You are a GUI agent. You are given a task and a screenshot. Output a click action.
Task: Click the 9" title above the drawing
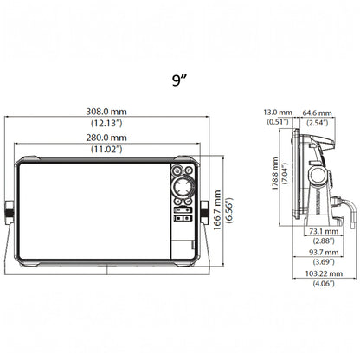[179, 80]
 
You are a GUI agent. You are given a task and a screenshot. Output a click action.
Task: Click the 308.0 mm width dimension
[106, 112]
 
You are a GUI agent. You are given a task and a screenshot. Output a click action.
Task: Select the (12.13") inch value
[106, 123]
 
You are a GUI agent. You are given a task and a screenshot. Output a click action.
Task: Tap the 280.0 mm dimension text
[106, 138]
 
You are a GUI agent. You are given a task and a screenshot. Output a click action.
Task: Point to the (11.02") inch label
[106, 149]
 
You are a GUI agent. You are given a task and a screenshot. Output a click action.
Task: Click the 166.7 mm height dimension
[217, 209]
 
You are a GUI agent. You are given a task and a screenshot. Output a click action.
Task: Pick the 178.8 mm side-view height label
[275, 173]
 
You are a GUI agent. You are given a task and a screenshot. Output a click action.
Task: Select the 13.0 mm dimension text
[278, 112]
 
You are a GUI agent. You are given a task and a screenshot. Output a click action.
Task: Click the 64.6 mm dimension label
[317, 112]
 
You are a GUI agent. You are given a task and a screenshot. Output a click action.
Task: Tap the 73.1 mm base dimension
[324, 231]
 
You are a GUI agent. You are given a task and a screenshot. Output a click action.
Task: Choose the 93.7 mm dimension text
[324, 253]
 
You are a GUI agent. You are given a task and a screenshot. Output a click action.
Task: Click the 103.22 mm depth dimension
[324, 273]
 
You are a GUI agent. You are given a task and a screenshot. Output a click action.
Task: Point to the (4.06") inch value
[324, 284]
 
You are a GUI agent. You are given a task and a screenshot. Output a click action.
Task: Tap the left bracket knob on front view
[9, 212]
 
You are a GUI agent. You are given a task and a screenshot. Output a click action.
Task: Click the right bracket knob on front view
[205, 212]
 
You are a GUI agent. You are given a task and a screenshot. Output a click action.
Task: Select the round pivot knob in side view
[318, 176]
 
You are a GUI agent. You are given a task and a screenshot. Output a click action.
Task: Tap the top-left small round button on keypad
[177, 170]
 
